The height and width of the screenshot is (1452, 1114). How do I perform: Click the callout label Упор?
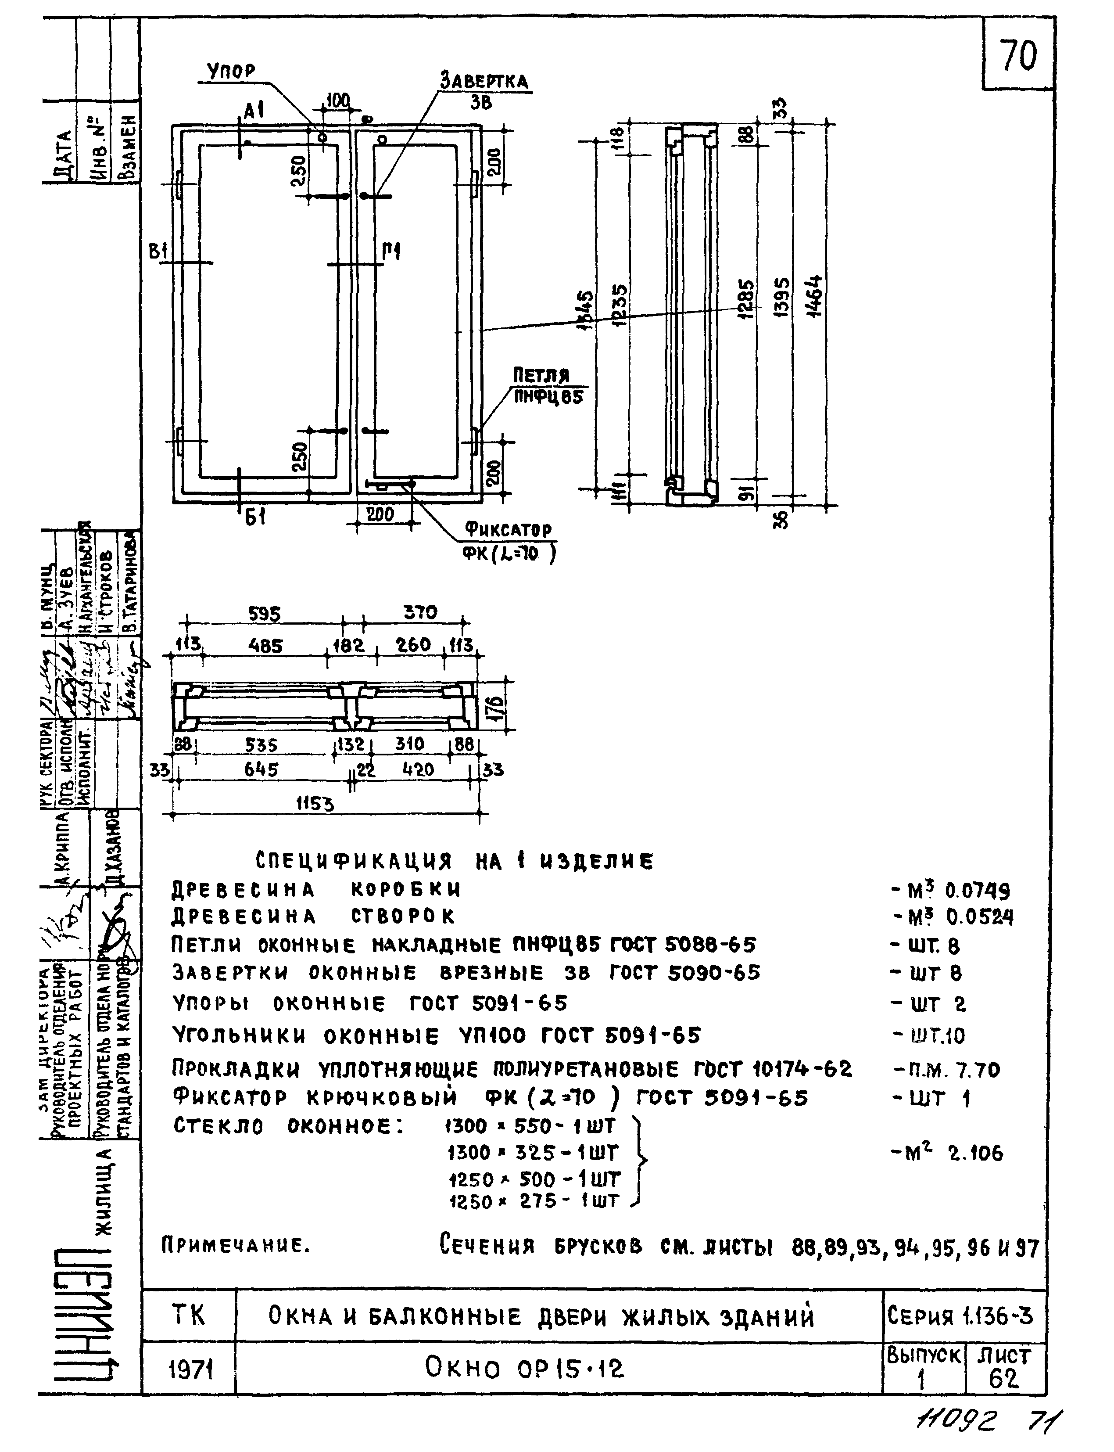[x=231, y=71]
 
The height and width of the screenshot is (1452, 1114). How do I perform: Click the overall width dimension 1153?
[x=315, y=805]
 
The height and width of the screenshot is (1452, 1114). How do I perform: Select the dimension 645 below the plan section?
[x=261, y=769]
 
